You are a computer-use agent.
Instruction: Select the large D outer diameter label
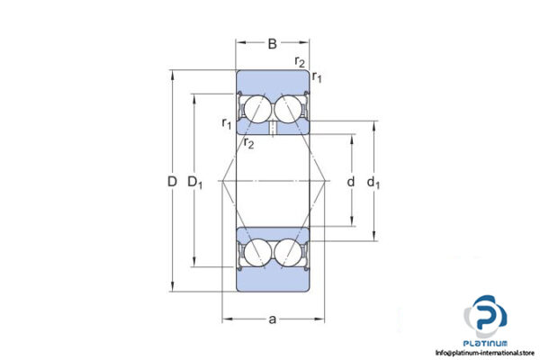tap(171, 182)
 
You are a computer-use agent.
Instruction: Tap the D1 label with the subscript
tap(196, 183)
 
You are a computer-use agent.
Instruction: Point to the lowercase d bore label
tap(350, 182)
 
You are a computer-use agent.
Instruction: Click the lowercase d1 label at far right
tap(373, 183)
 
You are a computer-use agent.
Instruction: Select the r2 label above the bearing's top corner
tap(300, 61)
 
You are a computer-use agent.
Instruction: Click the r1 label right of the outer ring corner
tap(318, 79)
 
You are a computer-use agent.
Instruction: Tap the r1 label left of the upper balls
tap(227, 122)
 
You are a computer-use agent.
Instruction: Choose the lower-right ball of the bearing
tap(289, 251)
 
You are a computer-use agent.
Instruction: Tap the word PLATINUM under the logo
tap(487, 343)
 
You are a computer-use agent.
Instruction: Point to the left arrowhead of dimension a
tap(226, 319)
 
